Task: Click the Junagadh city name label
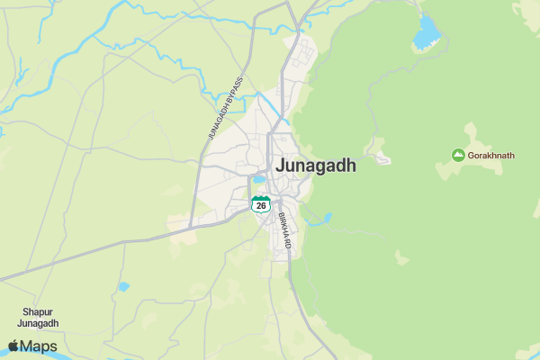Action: point(316,166)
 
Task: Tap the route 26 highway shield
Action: point(261,204)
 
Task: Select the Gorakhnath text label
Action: point(491,156)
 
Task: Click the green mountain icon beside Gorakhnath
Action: point(458,156)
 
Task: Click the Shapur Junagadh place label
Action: point(40,319)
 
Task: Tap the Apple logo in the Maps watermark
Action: point(13,346)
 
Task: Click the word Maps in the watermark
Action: point(39,346)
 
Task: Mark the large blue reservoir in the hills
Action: point(426,35)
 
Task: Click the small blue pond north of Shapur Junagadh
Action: point(123,287)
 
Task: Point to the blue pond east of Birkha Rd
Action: point(327,217)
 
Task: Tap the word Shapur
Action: point(40,312)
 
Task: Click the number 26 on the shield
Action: point(261,205)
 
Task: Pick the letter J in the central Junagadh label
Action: point(281,166)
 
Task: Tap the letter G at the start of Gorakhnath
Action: point(472,156)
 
